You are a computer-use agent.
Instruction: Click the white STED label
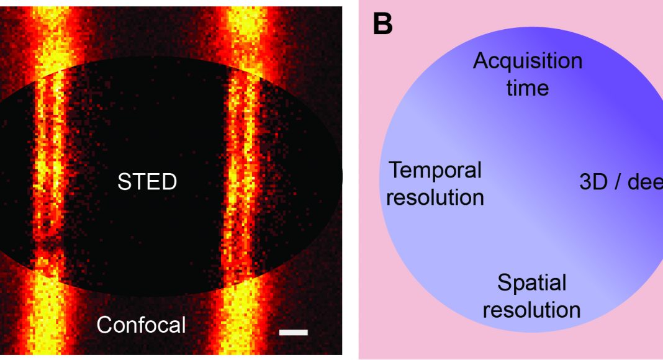pos(147,182)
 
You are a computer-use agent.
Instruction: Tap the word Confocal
pos(142,325)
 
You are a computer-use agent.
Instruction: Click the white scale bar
pos(294,333)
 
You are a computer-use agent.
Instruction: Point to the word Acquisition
pos(528,61)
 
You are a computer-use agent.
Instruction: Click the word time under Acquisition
pos(528,88)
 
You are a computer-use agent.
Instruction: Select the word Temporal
pos(435,170)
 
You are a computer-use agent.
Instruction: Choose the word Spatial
pos(532,283)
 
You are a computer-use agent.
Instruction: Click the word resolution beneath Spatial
pos(532,310)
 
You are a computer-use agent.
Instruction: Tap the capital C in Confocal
pos(104,325)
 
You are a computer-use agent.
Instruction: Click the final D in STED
pos(169,182)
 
